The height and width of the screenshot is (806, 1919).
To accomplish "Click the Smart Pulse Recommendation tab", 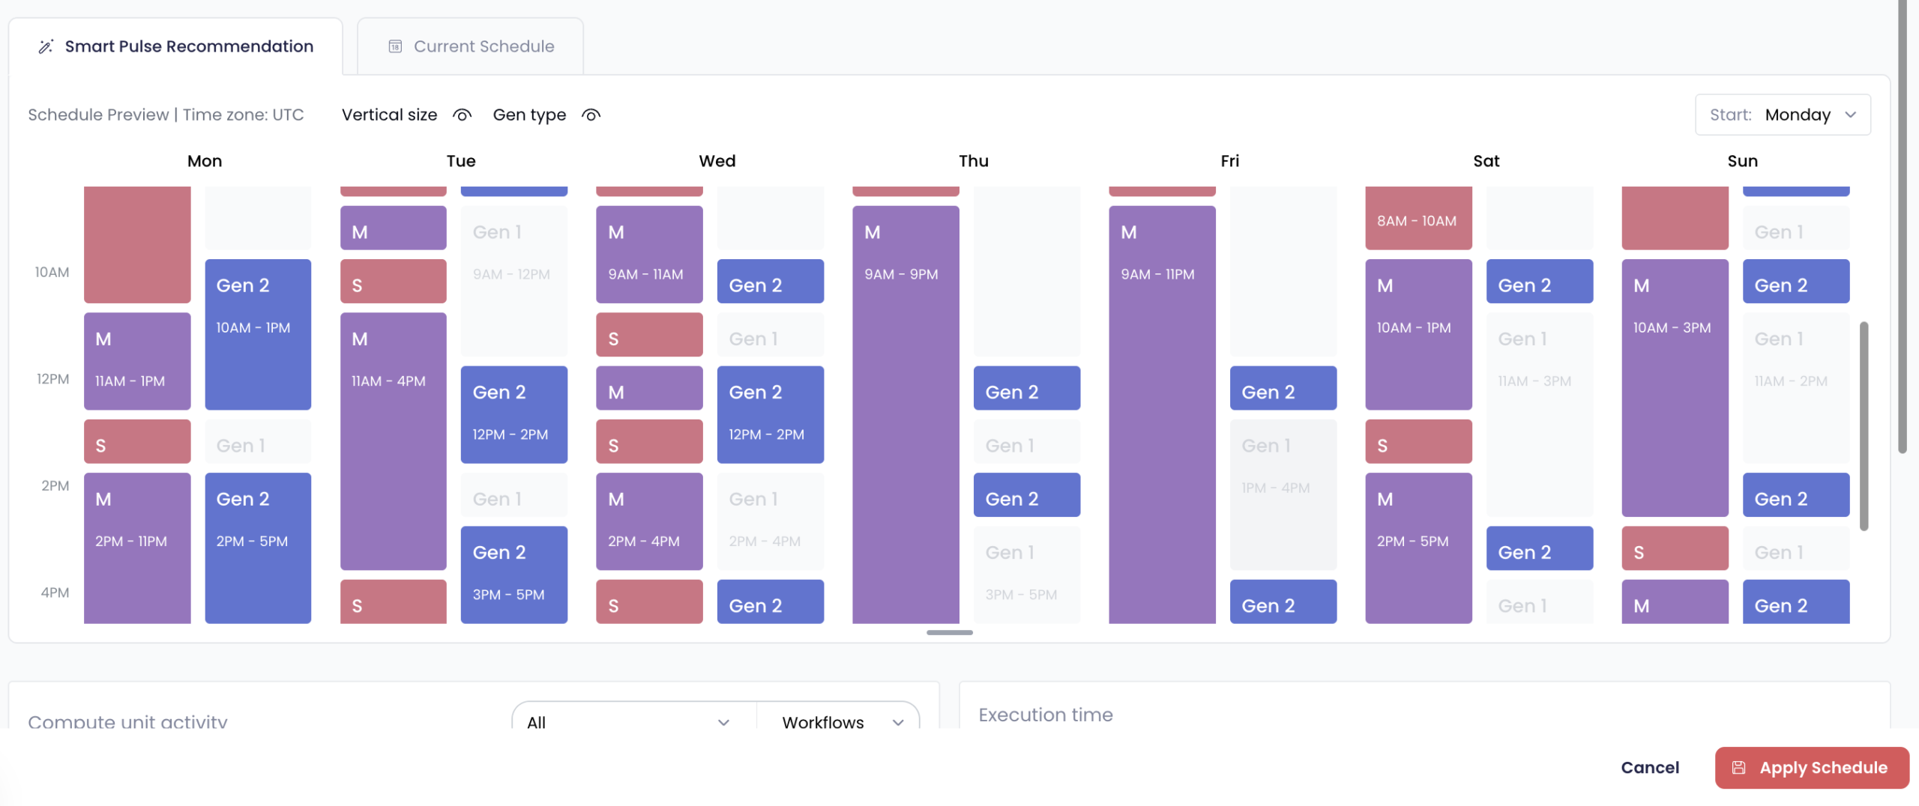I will (x=175, y=46).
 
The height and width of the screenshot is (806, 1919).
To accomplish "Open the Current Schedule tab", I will (x=471, y=46).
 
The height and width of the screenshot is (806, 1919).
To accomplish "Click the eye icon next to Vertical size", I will (x=462, y=115).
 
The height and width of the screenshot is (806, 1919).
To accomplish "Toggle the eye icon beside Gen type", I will (x=591, y=115).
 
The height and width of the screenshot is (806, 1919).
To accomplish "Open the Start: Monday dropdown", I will (x=1783, y=115).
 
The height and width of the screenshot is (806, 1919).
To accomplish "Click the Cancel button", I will (x=1649, y=767).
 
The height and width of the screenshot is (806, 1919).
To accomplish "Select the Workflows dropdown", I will (x=838, y=721).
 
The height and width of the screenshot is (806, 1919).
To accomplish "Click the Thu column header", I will (x=973, y=161).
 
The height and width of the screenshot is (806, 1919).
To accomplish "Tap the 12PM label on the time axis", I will (x=52, y=379).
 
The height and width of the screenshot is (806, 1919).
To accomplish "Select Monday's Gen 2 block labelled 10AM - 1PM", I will (x=258, y=334).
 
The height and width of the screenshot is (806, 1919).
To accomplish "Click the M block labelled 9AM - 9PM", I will (x=906, y=412).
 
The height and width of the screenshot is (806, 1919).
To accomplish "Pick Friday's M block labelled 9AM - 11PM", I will (x=1162, y=412).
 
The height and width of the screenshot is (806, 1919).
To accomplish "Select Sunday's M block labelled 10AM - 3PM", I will (x=1675, y=387).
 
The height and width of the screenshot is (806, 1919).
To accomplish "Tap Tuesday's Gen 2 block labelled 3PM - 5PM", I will (x=513, y=574).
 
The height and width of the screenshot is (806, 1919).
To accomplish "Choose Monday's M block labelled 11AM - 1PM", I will (x=137, y=361).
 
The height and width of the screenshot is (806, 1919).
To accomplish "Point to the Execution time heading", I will (x=1045, y=715).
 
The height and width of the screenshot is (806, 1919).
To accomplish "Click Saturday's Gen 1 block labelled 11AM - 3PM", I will (x=1539, y=413).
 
